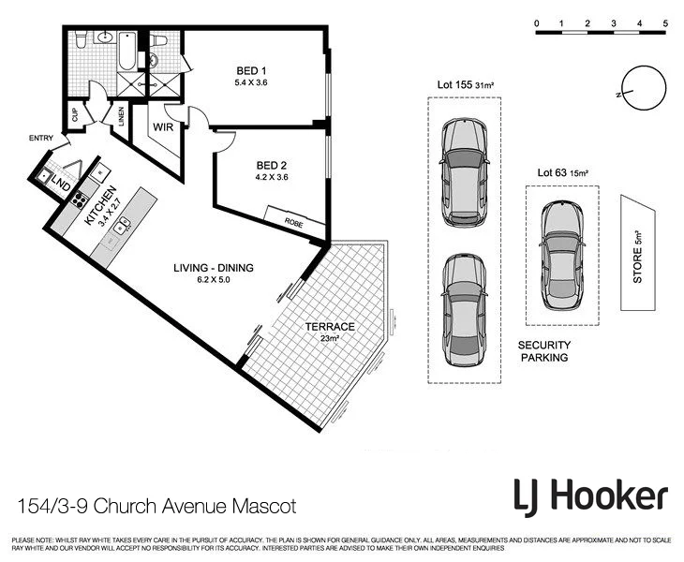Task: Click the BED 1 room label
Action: [251, 71]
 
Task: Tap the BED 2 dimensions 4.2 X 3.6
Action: [272, 177]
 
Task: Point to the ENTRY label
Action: [41, 139]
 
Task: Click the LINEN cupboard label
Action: [121, 116]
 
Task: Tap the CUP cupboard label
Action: [74, 117]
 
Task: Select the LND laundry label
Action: [61, 182]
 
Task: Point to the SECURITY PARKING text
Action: [544, 351]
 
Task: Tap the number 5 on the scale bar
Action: [664, 22]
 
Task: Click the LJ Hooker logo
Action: [589, 495]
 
